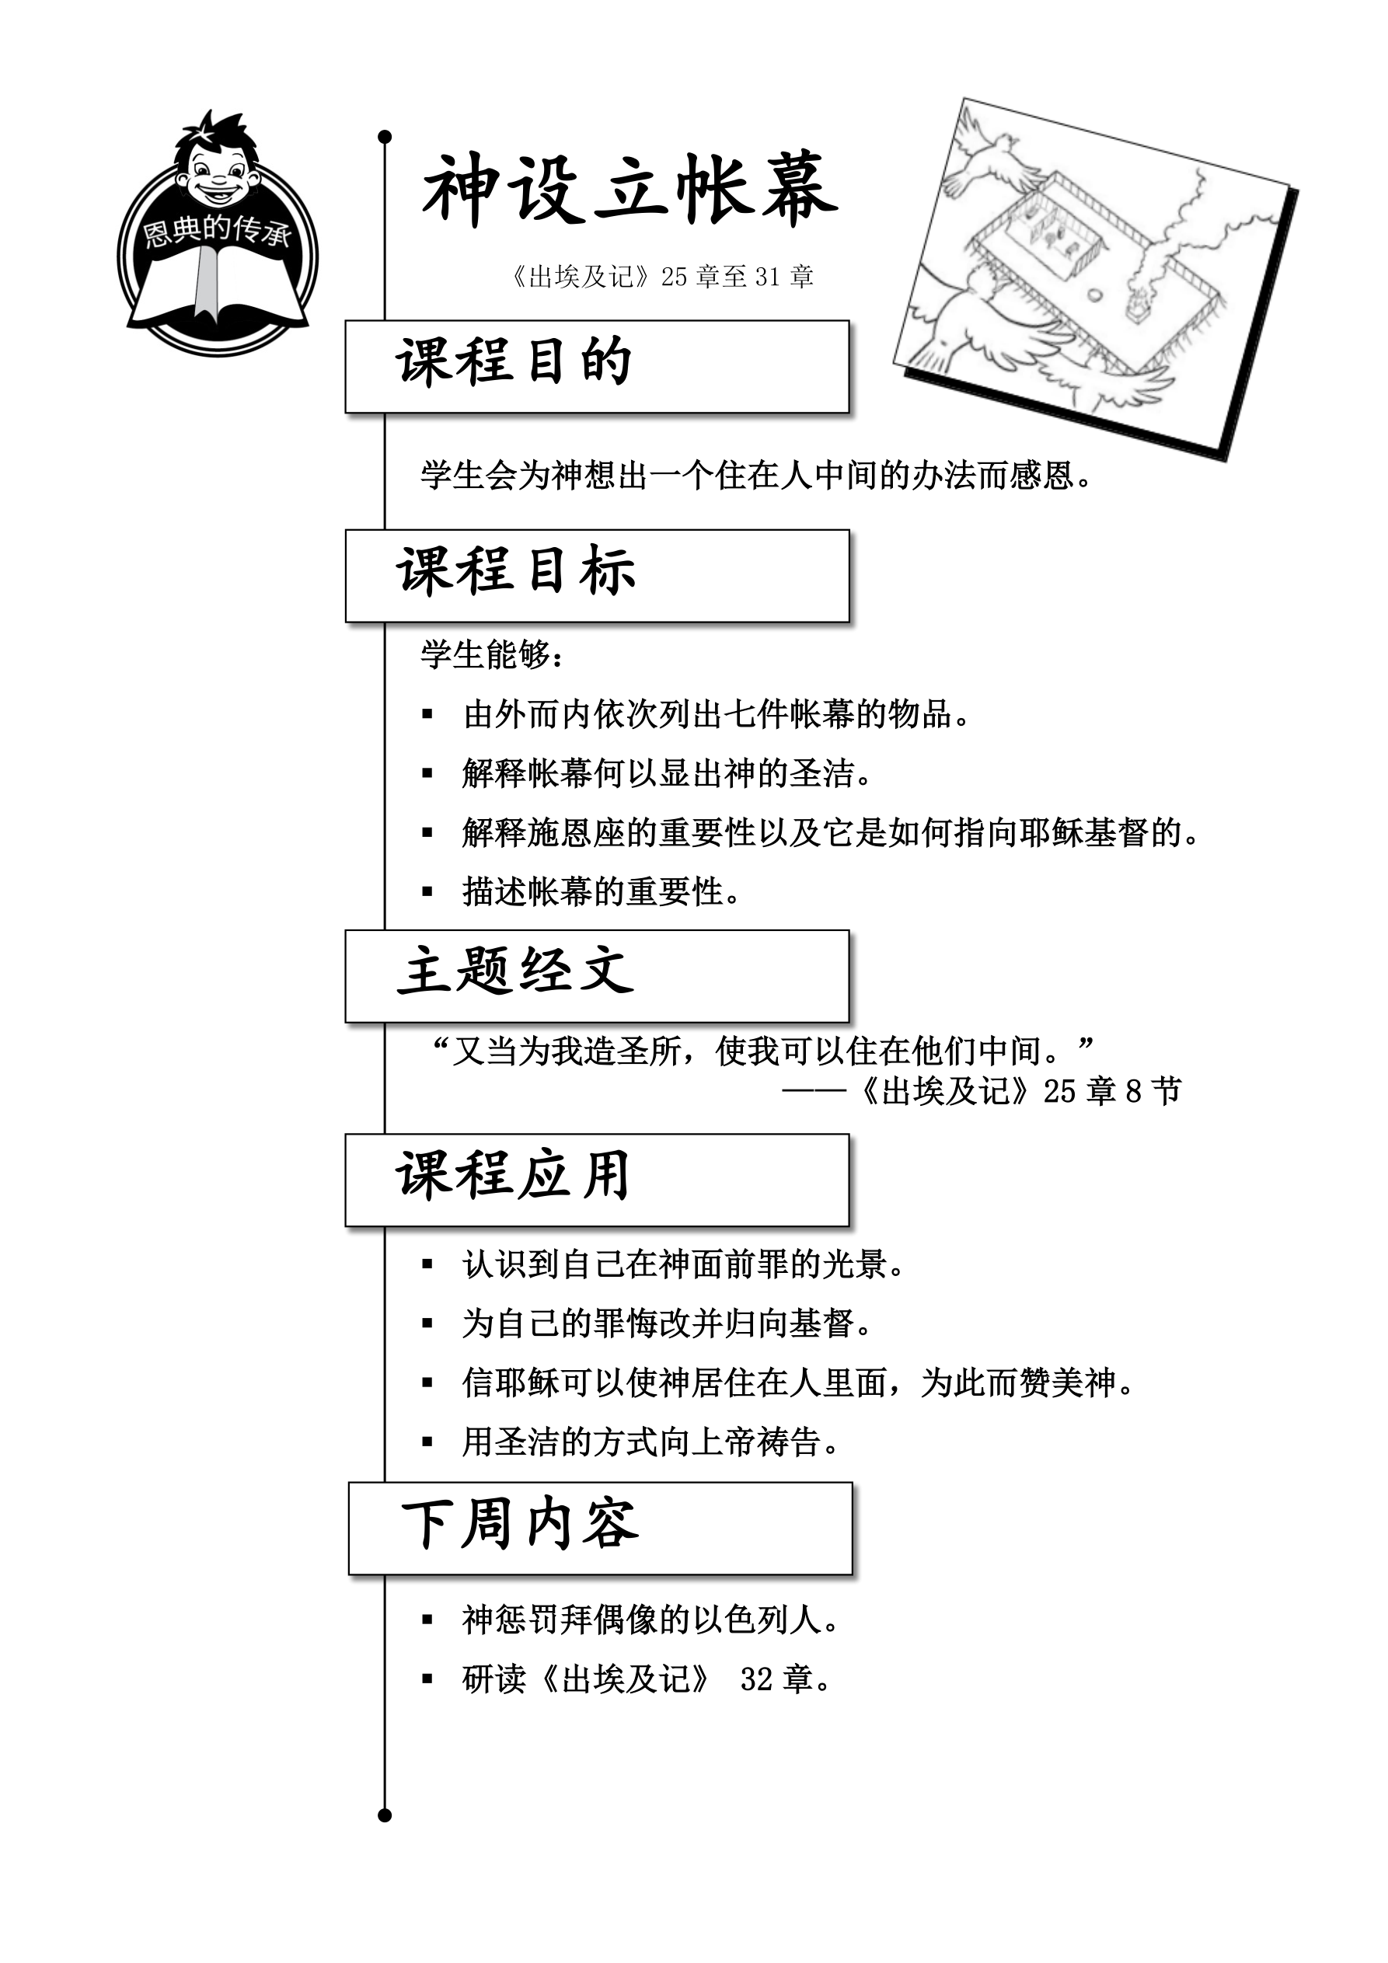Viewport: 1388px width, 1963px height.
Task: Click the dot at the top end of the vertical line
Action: [384, 137]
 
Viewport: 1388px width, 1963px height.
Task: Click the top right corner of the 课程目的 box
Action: [849, 322]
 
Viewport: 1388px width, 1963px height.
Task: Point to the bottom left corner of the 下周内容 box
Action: [350, 1574]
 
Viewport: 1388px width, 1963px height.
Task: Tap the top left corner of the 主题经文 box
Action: [347, 931]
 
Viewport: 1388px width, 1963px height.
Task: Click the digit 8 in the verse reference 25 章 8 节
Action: [1133, 1092]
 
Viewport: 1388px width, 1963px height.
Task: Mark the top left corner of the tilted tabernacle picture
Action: [964, 99]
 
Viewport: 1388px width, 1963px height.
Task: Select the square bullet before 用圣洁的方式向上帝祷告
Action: [427, 1442]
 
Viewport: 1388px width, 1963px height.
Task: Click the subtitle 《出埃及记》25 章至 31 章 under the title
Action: [661, 276]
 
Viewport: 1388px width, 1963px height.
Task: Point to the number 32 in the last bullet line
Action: [757, 1679]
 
